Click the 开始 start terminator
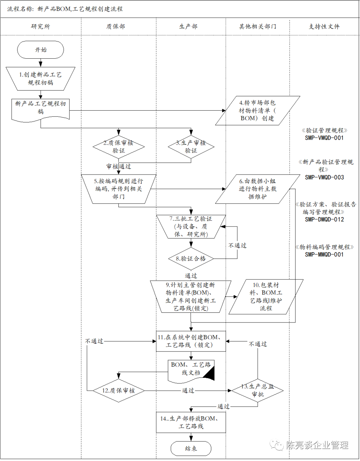pyautogui.click(x=40, y=50)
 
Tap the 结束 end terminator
pyautogui.click(x=191, y=448)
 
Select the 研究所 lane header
pyautogui.click(x=40, y=27)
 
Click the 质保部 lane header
pyautogui.click(x=116, y=27)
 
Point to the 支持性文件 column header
pyautogui.click(x=324, y=27)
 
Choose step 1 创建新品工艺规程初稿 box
pyautogui.click(x=40, y=79)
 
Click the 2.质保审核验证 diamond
pyautogui.click(x=119, y=147)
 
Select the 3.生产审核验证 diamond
pyautogui.click(x=191, y=147)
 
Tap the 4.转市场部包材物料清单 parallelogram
pyautogui.click(x=257, y=111)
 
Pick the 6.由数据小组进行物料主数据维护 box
pyautogui.click(x=257, y=189)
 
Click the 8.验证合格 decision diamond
pyautogui.click(x=191, y=258)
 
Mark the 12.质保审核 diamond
pyautogui.click(x=119, y=390)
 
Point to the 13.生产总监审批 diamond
pyautogui.click(x=258, y=390)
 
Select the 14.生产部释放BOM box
pyautogui.click(x=191, y=422)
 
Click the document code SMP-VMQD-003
pyautogui.click(x=324, y=178)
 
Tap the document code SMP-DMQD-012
pyautogui.click(x=324, y=220)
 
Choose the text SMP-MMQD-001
pyautogui.click(x=324, y=254)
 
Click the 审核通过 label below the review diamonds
pyautogui.click(x=119, y=166)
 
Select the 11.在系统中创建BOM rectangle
pyautogui.click(x=191, y=341)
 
